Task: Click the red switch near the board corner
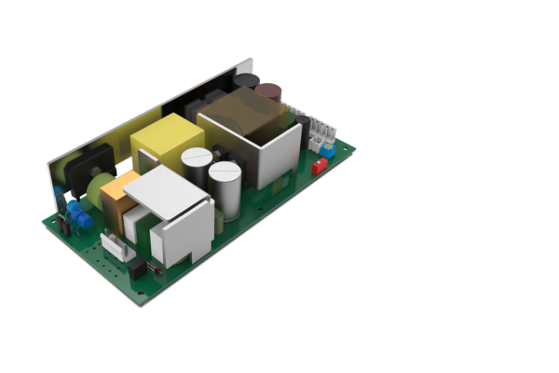tap(319, 167)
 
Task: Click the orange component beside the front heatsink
tap(115, 199)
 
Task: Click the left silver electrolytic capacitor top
tap(197, 158)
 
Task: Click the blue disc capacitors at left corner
tap(80, 219)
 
